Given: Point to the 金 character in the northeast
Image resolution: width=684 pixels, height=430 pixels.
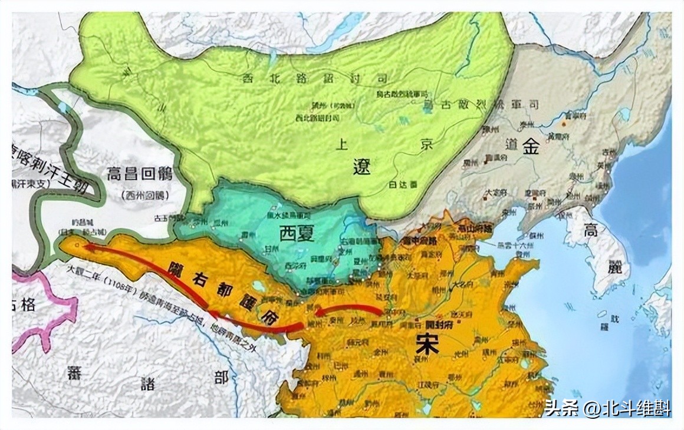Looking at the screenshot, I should (530, 147).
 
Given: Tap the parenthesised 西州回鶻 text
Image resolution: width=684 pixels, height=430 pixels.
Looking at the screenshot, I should (143, 195).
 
